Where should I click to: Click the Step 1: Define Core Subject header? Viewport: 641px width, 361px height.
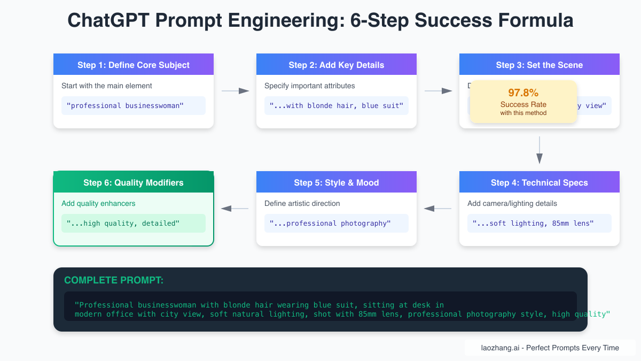coord(134,65)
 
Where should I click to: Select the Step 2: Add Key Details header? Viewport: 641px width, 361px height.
coord(337,65)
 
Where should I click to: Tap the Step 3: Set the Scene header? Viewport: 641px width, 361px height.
coord(540,65)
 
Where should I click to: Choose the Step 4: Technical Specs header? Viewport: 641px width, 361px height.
coord(540,182)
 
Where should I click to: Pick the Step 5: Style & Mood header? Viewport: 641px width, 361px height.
coord(337,182)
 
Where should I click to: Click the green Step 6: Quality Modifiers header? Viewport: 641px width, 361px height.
coord(134,182)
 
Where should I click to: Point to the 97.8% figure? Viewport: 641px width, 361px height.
coord(523,93)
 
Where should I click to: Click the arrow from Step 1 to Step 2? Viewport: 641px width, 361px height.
coord(235,91)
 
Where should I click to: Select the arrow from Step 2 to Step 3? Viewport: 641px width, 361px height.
coord(438,91)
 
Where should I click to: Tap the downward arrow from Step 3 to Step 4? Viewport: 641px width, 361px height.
coord(540,150)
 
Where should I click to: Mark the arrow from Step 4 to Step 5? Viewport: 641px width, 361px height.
coord(438,209)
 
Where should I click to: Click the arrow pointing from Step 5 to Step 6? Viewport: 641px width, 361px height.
coord(235,209)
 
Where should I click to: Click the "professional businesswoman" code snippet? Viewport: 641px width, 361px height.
coord(125,105)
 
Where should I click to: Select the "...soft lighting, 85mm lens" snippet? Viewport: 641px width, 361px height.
coord(533,223)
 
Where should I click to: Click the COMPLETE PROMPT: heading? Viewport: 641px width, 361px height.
coord(114,280)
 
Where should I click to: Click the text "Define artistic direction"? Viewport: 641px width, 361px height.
coord(302,203)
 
